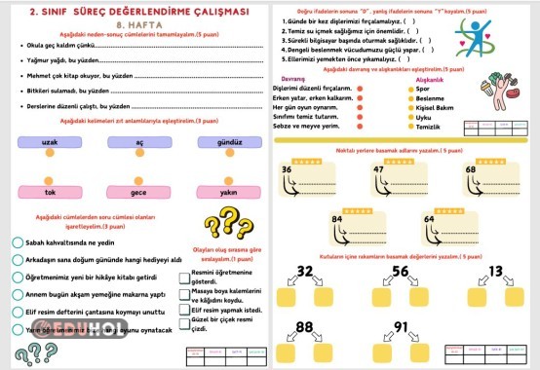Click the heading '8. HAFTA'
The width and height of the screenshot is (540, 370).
tap(135, 27)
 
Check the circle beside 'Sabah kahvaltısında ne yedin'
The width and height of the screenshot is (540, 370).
tap(18, 243)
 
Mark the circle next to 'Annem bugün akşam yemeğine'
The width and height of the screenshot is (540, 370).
tap(18, 293)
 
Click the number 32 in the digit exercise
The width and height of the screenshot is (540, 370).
tap(305, 270)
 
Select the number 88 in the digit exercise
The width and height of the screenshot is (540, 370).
tap(305, 325)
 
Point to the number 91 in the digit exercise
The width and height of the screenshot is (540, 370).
tap(403, 325)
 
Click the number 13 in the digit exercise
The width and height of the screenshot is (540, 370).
tap(496, 270)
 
